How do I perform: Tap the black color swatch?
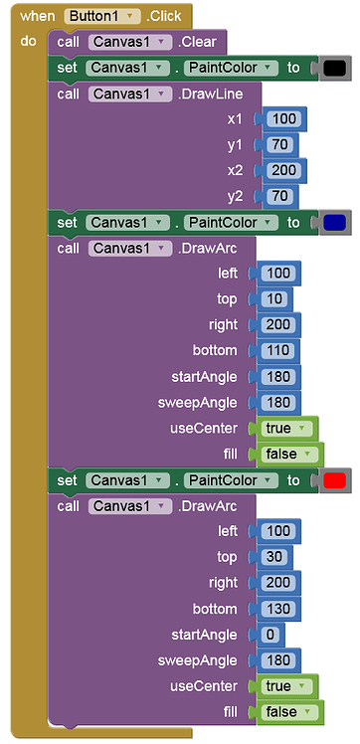click(334, 68)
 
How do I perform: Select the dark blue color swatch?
click(334, 222)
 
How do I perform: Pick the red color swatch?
click(334, 480)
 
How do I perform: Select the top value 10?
click(275, 299)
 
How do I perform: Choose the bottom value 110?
click(278, 351)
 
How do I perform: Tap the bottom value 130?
click(278, 610)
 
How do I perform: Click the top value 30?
click(275, 558)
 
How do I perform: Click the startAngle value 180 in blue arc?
click(278, 377)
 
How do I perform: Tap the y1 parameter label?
click(236, 145)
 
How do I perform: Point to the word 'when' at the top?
click(38, 16)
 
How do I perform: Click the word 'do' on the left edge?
click(28, 42)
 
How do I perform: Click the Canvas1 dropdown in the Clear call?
click(124, 42)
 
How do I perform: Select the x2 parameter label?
click(236, 171)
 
